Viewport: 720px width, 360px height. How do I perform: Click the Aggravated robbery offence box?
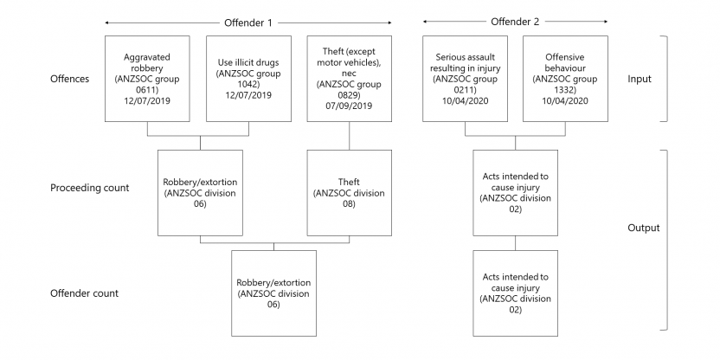[148, 79]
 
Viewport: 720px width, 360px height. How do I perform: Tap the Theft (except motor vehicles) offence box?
[349, 79]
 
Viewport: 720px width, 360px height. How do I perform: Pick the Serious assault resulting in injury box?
[465, 79]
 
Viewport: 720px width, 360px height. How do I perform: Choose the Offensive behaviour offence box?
[566, 79]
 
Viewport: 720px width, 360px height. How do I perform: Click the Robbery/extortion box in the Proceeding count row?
[200, 192]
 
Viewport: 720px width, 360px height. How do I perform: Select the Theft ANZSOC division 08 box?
[349, 192]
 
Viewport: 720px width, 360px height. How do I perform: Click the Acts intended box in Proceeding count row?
[516, 192]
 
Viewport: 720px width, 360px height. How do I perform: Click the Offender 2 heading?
[516, 21]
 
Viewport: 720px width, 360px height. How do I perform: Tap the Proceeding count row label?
[91, 188]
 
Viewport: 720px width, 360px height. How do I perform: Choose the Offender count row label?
[84, 293]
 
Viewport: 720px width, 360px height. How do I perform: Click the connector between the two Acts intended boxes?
[516, 243]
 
